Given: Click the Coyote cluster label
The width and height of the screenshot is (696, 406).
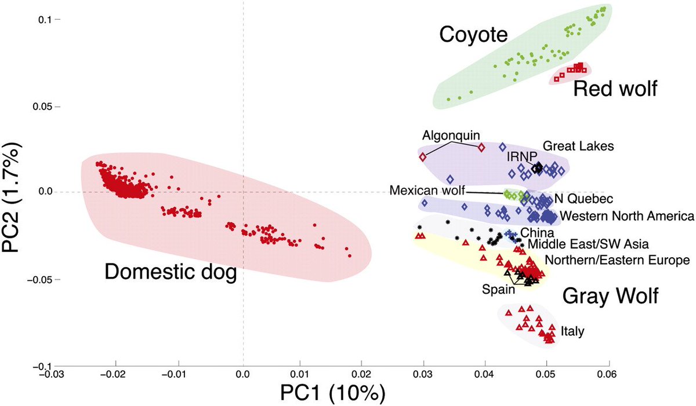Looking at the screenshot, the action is (x=473, y=34).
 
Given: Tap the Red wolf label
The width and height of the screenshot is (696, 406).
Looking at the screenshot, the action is (x=615, y=89).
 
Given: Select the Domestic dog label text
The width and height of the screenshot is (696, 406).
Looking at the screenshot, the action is (x=171, y=272).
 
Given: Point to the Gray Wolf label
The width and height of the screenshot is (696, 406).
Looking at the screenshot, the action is (x=610, y=296).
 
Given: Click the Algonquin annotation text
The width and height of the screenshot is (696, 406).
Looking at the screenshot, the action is (x=451, y=136).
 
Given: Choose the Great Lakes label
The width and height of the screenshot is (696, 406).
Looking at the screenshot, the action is (x=578, y=146).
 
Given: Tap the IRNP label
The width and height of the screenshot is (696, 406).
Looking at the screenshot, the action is (x=521, y=156).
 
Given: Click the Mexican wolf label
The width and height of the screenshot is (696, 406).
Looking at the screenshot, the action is (x=427, y=190).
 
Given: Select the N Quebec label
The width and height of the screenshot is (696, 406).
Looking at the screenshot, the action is (x=584, y=199).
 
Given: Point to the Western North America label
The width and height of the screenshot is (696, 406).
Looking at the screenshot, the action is (x=627, y=216).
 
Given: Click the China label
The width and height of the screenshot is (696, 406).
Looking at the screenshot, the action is (x=537, y=233).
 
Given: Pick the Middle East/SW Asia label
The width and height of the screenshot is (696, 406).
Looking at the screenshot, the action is (x=588, y=244).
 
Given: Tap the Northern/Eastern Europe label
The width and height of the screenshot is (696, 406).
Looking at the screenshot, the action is (x=617, y=260).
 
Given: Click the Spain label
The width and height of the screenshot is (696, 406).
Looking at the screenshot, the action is (x=498, y=290).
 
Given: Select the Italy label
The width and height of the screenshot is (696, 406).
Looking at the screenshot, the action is (x=572, y=331).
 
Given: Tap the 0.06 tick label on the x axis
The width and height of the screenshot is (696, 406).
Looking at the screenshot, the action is (x=607, y=374).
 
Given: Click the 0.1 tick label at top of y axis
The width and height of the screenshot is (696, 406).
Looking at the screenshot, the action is (x=45, y=20).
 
